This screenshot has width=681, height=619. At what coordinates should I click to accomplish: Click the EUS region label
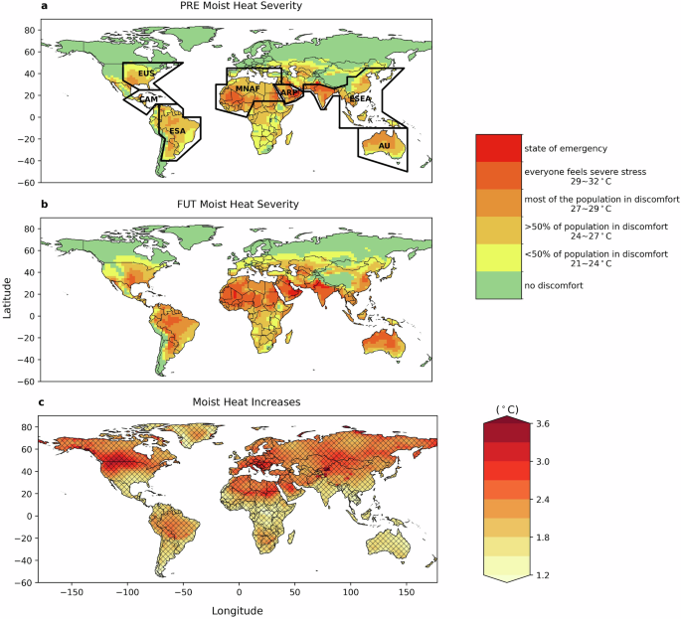click(146, 74)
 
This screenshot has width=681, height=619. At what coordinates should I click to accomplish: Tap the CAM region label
click(148, 99)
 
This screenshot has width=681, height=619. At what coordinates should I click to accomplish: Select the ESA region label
click(177, 131)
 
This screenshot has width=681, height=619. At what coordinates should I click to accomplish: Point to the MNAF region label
click(247, 90)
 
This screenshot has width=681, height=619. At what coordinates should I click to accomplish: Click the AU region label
click(384, 146)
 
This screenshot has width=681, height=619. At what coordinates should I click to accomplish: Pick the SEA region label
click(360, 99)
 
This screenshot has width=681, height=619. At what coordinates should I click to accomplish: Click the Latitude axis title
click(8, 298)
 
